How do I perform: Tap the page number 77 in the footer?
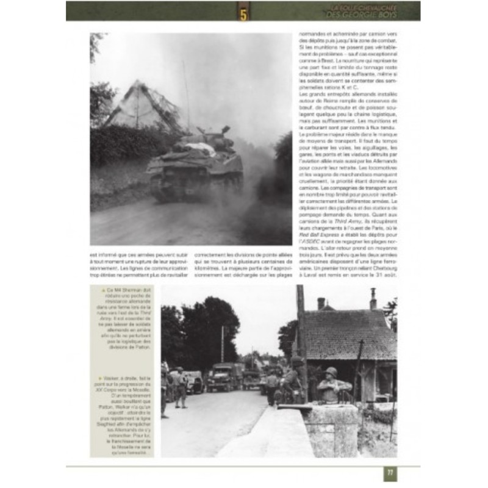pos(390,473)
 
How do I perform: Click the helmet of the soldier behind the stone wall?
pos(332,372)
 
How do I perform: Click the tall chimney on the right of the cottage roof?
pos(373,299)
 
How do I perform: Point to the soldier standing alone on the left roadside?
pos(181,387)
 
